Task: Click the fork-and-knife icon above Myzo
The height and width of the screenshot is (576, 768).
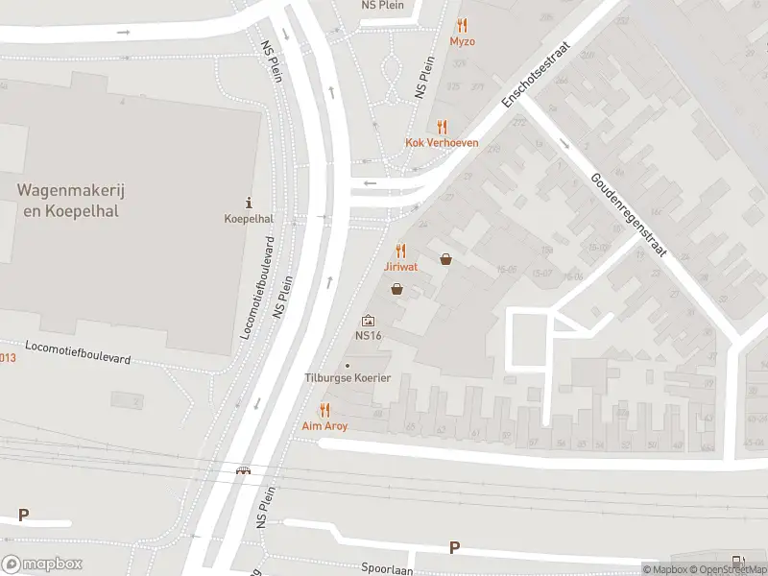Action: tap(462, 26)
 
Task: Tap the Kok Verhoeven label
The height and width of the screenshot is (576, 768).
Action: tap(442, 143)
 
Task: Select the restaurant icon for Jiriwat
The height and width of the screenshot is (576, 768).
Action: tap(401, 250)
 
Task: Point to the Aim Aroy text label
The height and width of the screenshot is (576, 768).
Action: tap(324, 425)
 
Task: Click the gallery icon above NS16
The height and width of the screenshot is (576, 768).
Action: tap(368, 321)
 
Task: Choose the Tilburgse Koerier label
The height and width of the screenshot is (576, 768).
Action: tap(348, 377)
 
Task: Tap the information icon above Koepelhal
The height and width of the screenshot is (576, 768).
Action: tap(250, 203)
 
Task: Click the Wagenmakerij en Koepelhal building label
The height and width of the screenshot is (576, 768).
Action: tap(67, 201)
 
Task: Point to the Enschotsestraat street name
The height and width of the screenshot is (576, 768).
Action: tap(533, 74)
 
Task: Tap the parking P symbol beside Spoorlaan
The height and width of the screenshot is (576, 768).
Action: tap(454, 547)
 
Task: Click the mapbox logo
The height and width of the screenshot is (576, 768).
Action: tap(42, 564)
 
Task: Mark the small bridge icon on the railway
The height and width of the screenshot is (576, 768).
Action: tap(245, 470)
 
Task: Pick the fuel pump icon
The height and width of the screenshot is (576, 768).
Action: tap(737, 561)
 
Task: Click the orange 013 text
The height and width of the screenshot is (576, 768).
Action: tap(8, 357)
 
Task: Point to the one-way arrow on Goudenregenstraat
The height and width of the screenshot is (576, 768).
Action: tap(564, 145)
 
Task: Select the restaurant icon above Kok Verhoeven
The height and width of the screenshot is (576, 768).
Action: tap(442, 127)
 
